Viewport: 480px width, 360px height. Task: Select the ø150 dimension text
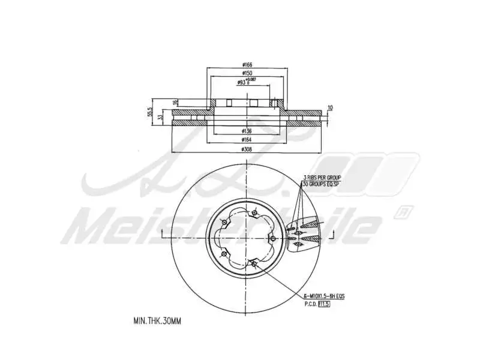tap(246, 74)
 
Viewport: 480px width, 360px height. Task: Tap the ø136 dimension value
tap(246, 130)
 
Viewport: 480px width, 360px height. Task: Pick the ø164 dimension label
tap(246, 139)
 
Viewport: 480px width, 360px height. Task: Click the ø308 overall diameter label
tap(246, 149)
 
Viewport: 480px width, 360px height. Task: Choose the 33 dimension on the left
tap(159, 118)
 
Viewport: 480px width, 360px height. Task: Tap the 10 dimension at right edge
tap(329, 108)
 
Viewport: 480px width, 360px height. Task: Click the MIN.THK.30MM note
tap(157, 321)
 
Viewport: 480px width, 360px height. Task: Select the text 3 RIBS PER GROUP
tap(322, 178)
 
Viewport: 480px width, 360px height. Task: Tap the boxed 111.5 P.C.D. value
tap(324, 304)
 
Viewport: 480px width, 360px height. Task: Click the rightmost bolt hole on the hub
tap(273, 239)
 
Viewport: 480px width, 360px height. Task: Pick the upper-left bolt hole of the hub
tap(224, 223)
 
